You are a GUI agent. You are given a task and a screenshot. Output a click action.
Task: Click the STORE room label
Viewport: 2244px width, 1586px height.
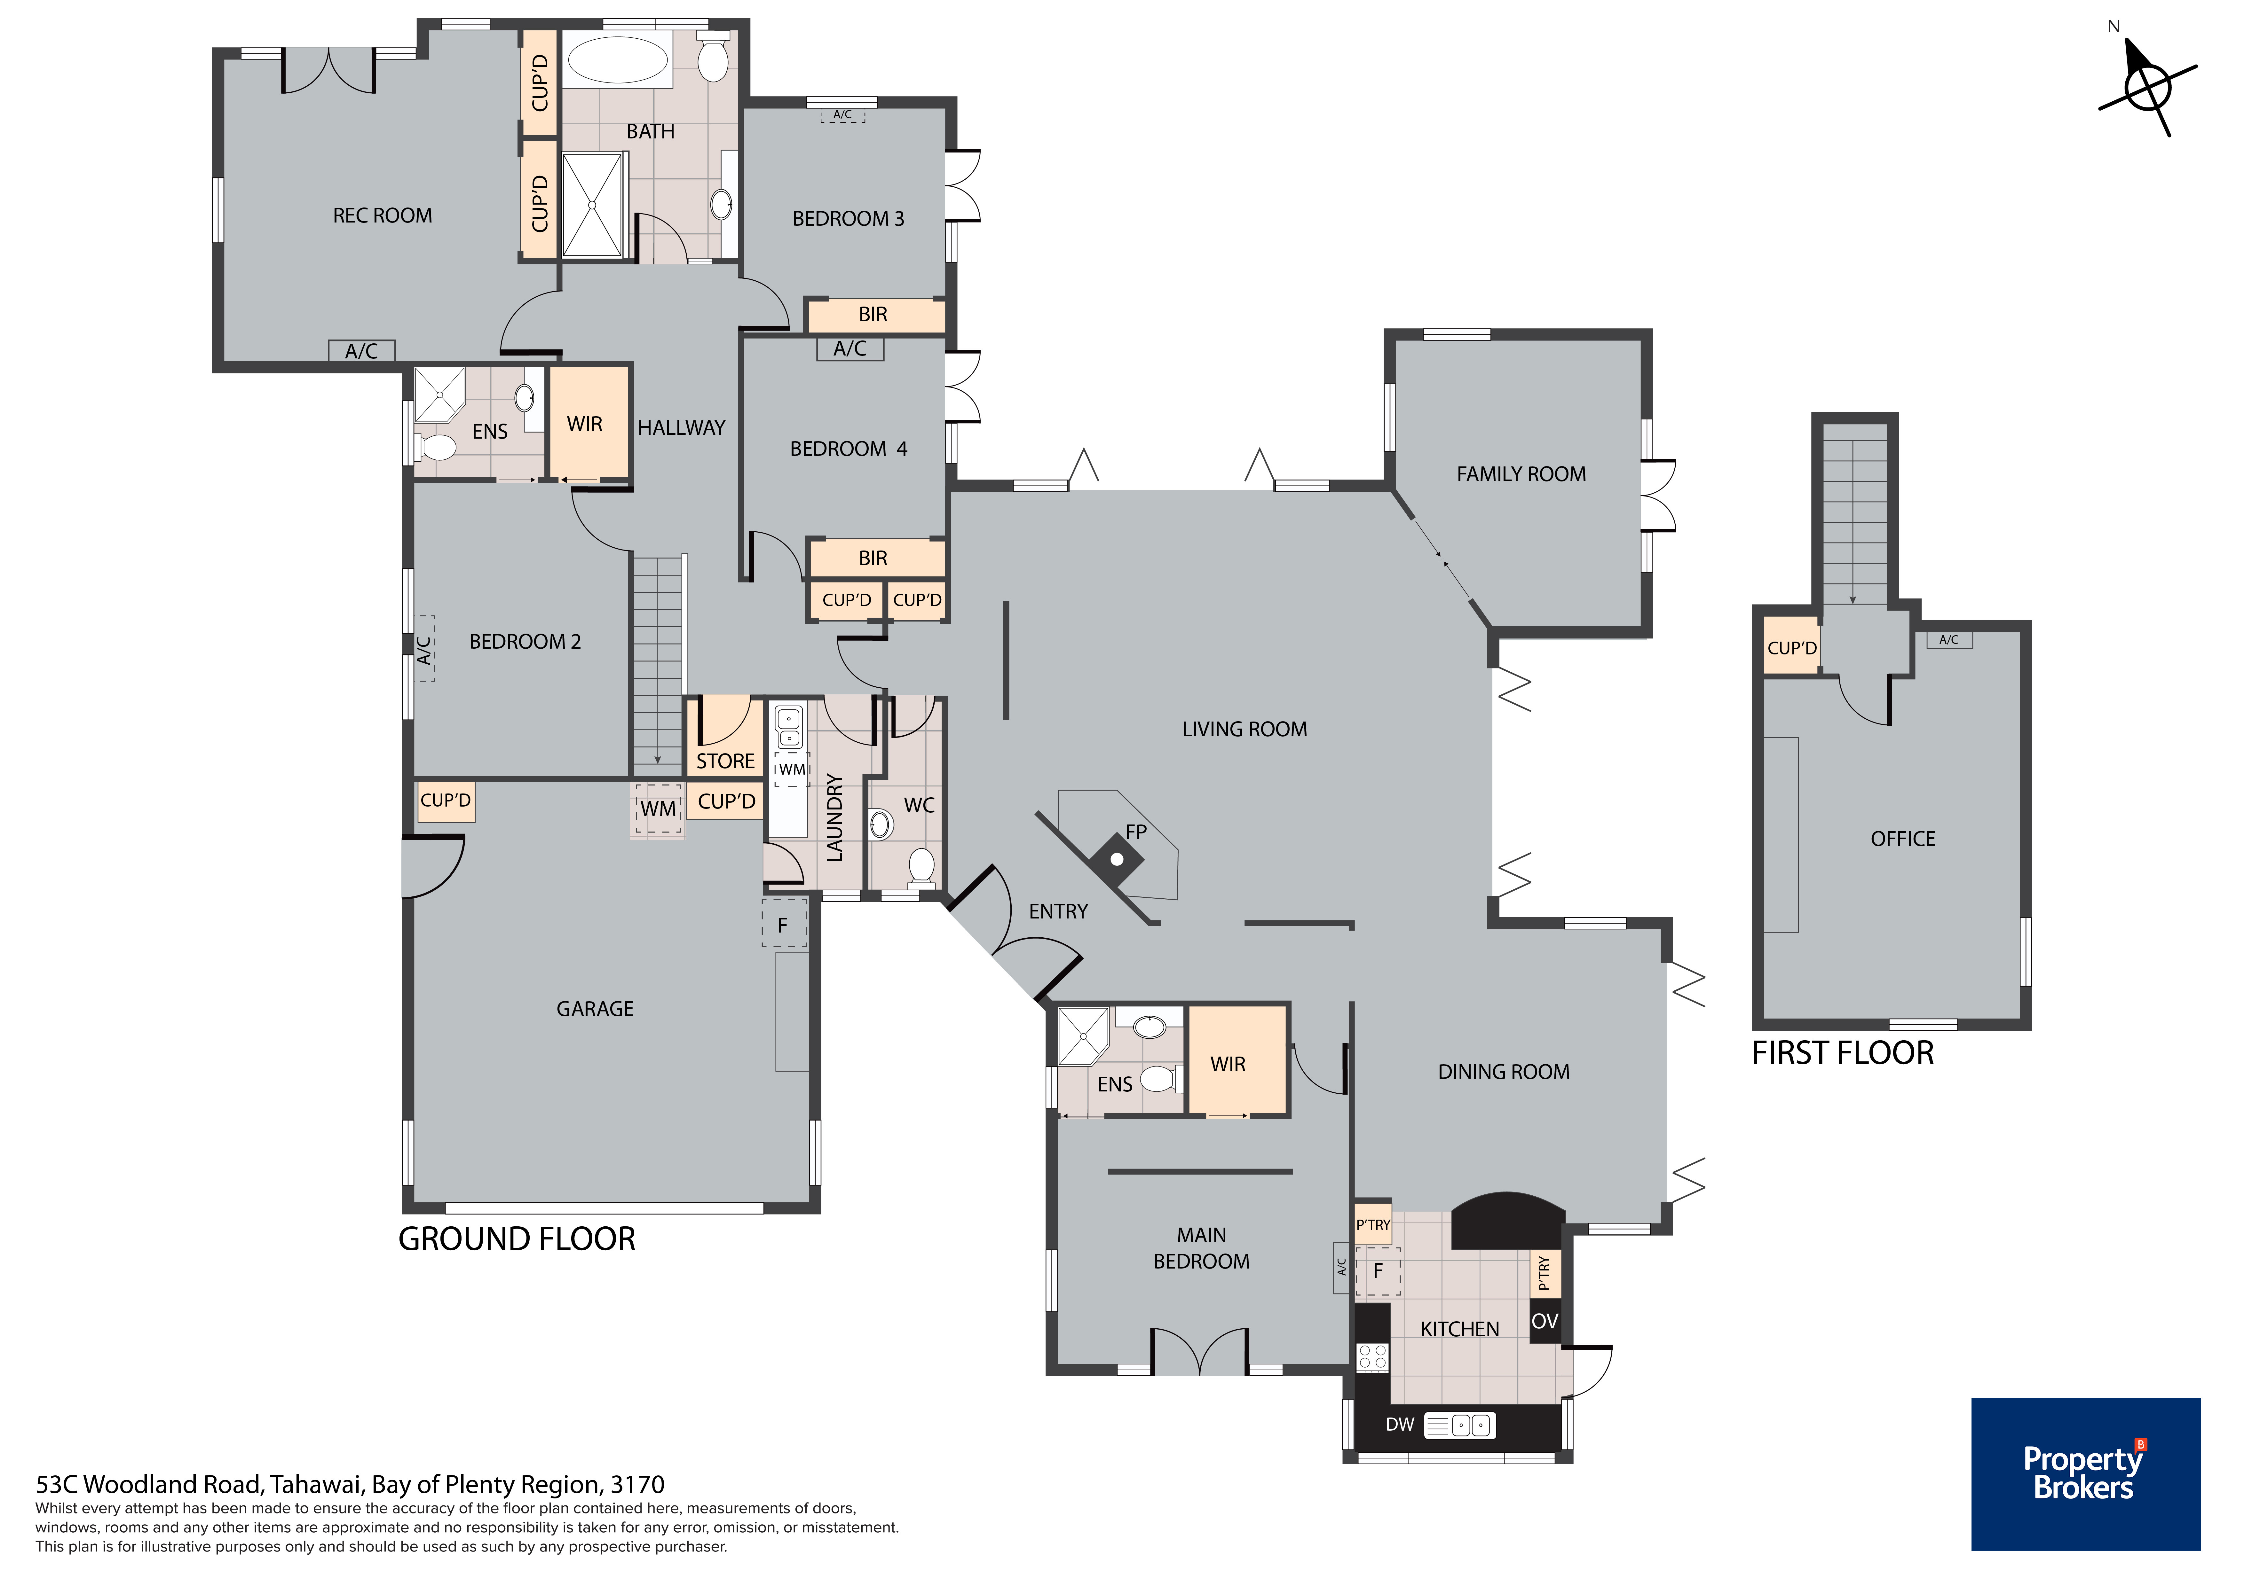coord(725,761)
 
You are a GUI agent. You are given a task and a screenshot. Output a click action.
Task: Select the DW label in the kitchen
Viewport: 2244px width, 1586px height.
coord(1400,1425)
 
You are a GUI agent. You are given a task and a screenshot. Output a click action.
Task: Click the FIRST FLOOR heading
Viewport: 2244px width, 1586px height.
coord(1842,1053)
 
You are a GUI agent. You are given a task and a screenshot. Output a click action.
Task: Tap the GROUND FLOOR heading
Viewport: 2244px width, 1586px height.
coord(517,1239)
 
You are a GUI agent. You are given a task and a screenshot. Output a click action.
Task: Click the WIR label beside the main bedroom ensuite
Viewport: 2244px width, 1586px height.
coord(1228,1064)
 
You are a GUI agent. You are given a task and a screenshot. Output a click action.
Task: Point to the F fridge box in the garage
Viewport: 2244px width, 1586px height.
coord(784,924)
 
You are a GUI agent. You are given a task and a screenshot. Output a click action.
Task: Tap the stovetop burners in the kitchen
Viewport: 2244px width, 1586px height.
coord(1372,1356)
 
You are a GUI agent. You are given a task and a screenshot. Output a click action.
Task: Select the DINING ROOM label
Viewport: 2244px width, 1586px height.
coord(1503,1072)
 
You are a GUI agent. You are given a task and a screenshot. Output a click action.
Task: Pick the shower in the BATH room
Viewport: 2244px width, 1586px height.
coord(592,205)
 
